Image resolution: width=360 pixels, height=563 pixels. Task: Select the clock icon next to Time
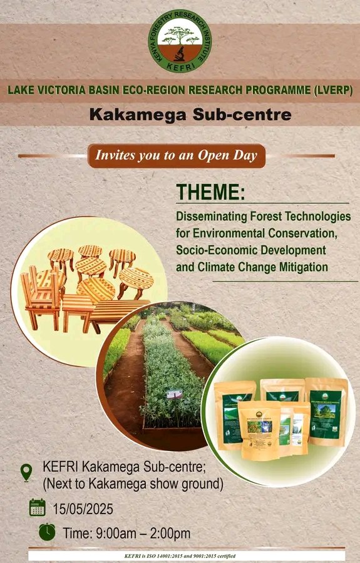47,532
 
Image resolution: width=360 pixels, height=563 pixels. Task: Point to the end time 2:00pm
165,534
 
